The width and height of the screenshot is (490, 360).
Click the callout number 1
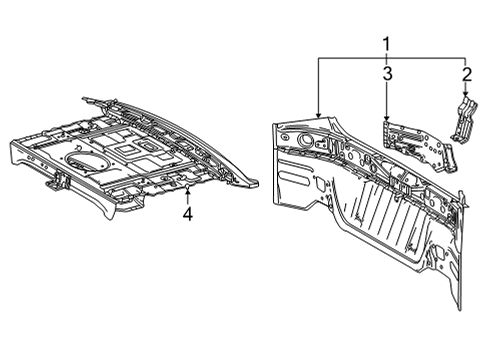[x=386, y=43]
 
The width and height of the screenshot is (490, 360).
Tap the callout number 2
[x=466, y=74]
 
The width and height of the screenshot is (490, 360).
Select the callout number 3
[x=386, y=73]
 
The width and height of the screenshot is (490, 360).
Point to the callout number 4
[x=187, y=212]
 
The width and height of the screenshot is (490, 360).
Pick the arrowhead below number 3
[x=386, y=121]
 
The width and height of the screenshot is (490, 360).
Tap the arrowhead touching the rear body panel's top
[x=319, y=119]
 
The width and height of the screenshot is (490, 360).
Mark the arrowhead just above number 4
[x=187, y=190]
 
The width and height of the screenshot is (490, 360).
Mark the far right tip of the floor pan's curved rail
[x=259, y=183]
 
